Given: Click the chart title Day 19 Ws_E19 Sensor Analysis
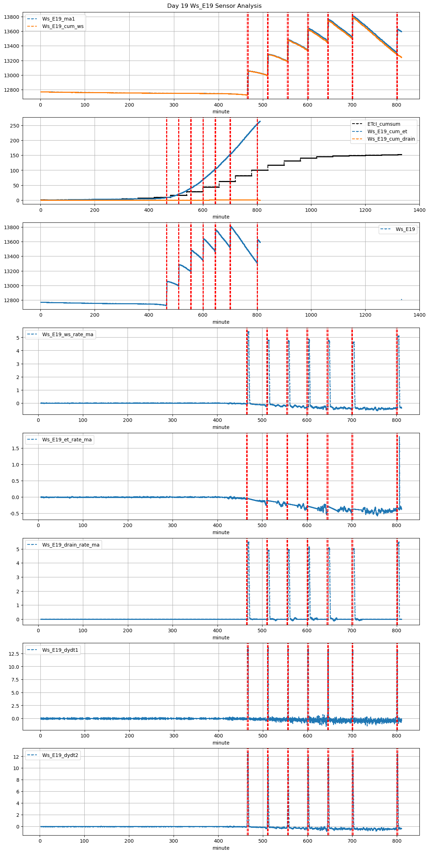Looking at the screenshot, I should coord(214,6).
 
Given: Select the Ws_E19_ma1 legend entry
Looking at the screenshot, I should coord(58,19).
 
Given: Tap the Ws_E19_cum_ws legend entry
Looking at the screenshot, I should coord(63,26).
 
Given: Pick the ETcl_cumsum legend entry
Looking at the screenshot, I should coord(384,124).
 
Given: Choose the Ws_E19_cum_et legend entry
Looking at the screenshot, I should coord(387,131).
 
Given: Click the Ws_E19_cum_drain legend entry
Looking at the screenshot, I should coord(391,139).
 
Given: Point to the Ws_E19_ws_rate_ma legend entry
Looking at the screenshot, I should coord(68,334).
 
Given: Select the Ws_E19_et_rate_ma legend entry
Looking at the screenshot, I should coord(67,440).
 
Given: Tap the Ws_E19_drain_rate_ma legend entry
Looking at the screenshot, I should coord(71,545).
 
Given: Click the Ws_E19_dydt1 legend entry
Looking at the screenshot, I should coord(60,650).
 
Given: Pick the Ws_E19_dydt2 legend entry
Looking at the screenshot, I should coord(60,755).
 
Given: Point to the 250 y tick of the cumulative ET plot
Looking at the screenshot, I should coord(15,126).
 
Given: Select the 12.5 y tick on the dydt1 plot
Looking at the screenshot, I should coord(14,654).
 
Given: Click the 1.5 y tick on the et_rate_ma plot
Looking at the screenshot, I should coord(15,448).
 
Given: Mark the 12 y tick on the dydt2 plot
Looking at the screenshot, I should coord(17,757).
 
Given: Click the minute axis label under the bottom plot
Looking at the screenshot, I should coord(221,848).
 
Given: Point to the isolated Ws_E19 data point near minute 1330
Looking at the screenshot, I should coord(401,300).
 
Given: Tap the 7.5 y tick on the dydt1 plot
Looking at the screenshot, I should coord(15,680).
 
